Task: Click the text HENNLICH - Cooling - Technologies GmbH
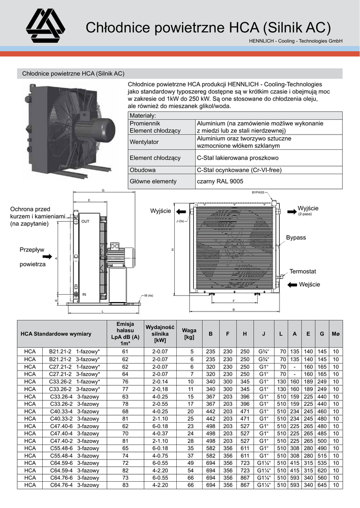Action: coord(295,41)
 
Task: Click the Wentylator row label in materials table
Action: coord(144,142)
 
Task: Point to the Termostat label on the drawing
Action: coord(303,271)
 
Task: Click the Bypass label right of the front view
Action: coord(296,238)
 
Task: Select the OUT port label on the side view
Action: coord(85,222)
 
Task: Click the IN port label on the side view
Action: coord(84,295)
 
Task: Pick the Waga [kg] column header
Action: coord(189,333)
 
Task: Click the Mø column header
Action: coord(336,334)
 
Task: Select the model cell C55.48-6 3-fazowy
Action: coord(74,448)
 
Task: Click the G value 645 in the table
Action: coord(322,485)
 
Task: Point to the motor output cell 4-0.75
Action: coord(159,455)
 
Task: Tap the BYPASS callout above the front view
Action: coord(258,192)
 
